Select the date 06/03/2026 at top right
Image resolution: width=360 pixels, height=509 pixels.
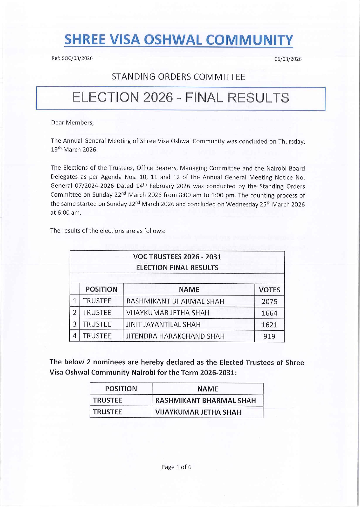(x=288, y=59)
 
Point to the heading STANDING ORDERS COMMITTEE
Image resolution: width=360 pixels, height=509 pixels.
(x=178, y=77)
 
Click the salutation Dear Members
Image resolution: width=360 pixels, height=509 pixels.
(x=72, y=122)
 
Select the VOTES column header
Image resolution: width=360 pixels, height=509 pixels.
(x=269, y=290)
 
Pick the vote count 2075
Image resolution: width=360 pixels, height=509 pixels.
(x=269, y=302)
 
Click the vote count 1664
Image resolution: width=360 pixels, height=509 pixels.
(x=269, y=313)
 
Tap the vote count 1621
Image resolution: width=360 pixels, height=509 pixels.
(x=269, y=325)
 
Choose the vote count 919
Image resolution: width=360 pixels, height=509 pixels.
(x=269, y=336)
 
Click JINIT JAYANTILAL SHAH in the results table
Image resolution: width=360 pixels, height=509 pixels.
(x=163, y=325)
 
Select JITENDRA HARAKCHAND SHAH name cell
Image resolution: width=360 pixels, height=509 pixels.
(x=175, y=336)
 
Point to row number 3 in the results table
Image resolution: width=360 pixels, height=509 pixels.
(x=75, y=324)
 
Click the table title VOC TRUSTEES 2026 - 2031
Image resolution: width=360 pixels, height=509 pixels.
(x=177, y=257)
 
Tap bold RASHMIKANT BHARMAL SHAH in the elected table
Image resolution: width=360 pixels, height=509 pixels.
(x=205, y=401)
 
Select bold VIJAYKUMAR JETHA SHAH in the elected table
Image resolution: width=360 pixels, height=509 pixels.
(x=198, y=412)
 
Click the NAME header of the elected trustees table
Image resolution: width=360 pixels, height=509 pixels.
(x=207, y=389)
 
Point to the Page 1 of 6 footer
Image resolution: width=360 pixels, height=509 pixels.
(x=176, y=467)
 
